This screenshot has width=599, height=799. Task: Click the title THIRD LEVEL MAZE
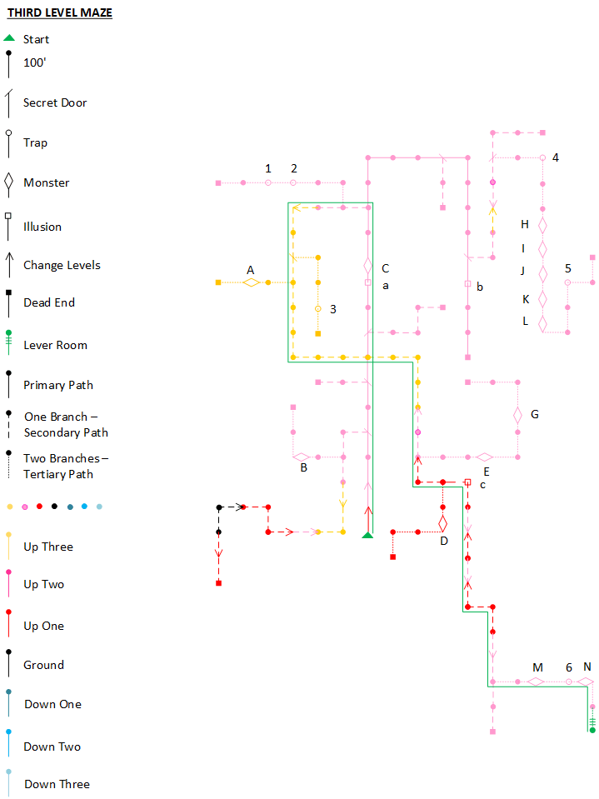click(60, 12)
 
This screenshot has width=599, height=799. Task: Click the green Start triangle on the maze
click(367, 535)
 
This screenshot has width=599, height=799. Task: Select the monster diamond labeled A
click(251, 282)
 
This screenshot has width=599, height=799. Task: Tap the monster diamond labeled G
click(517, 415)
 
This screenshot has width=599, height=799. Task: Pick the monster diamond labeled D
click(442, 523)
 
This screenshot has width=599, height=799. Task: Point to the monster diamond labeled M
click(536, 682)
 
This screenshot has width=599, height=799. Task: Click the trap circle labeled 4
click(542, 158)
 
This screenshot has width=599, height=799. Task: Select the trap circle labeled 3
click(318, 309)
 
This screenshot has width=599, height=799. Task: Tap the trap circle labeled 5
click(567, 282)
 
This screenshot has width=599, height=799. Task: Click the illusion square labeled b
click(467, 284)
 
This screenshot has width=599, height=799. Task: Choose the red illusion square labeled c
click(467, 482)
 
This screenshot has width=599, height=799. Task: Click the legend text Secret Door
click(55, 102)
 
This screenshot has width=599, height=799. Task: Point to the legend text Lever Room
click(56, 345)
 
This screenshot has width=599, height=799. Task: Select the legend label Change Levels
click(62, 265)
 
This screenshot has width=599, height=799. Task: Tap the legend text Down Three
click(57, 784)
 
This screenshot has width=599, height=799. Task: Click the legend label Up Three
click(48, 547)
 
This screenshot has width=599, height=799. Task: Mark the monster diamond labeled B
click(302, 457)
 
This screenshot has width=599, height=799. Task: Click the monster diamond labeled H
click(542, 225)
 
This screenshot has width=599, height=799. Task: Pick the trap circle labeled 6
click(568, 682)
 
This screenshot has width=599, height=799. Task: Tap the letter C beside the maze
click(385, 268)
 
